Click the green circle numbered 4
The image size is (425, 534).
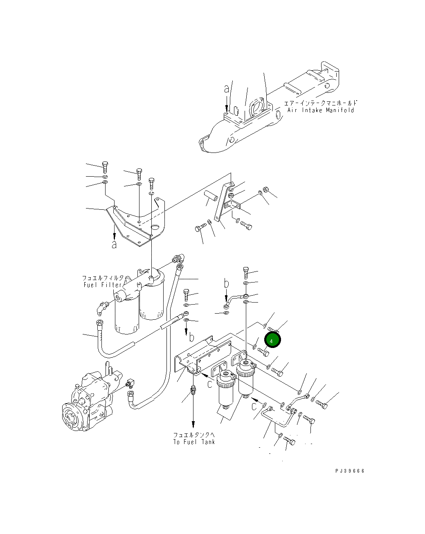[x=272, y=340]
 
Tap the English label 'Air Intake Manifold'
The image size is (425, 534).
[x=320, y=110]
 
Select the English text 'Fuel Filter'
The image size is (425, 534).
[x=103, y=285]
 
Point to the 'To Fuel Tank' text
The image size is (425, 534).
[x=193, y=442]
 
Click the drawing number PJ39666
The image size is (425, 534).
[x=350, y=471]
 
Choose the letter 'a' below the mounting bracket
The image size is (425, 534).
[x=115, y=245]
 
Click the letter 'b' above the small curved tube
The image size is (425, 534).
[x=226, y=283]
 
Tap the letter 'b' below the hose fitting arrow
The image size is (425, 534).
[x=191, y=337]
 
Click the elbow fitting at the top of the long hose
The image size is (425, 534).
[x=179, y=258]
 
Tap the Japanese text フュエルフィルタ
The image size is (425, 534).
[x=103, y=278]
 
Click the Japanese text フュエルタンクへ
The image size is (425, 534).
[x=193, y=435]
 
